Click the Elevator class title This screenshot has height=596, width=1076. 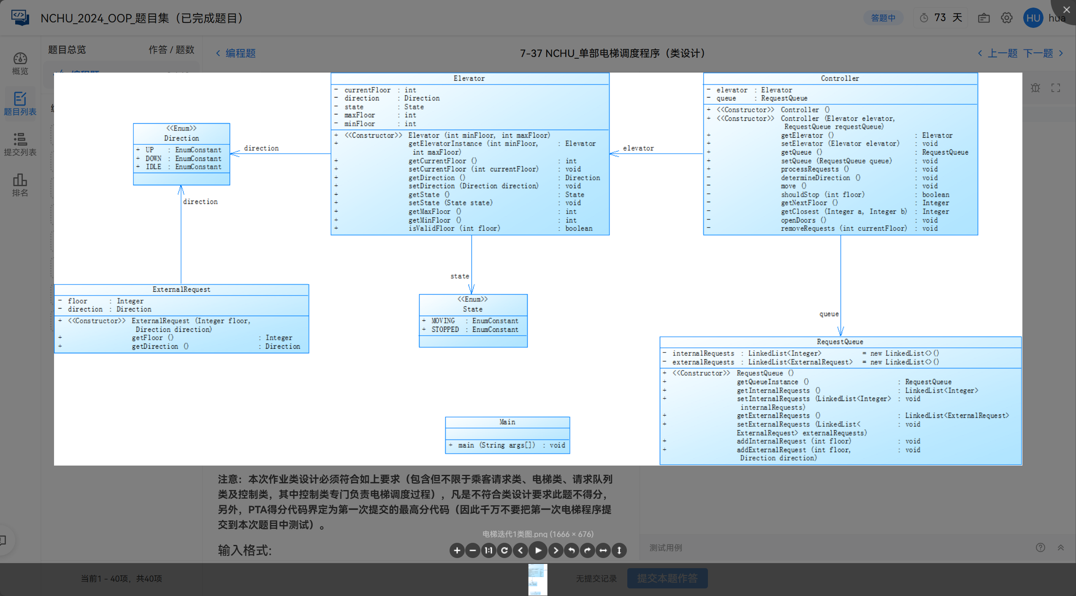[469, 79]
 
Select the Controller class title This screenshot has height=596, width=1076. [840, 79]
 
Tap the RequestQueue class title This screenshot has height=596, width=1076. [840, 342]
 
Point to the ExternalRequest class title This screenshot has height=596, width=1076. [181, 290]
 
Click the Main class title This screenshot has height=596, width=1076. [507, 422]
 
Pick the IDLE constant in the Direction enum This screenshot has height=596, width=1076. [153, 167]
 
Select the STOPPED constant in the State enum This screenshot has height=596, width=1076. [445, 330]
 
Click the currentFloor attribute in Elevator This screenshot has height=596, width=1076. [367, 90]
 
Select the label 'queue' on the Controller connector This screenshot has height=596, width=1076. [829, 314]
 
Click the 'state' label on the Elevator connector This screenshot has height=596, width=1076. [459, 276]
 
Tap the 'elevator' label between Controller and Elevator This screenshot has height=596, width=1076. [638, 148]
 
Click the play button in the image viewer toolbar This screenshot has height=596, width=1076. [538, 550]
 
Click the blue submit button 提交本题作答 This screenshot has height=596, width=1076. [667, 578]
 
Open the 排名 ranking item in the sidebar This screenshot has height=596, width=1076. [20, 185]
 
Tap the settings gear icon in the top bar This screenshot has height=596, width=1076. [1006, 18]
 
